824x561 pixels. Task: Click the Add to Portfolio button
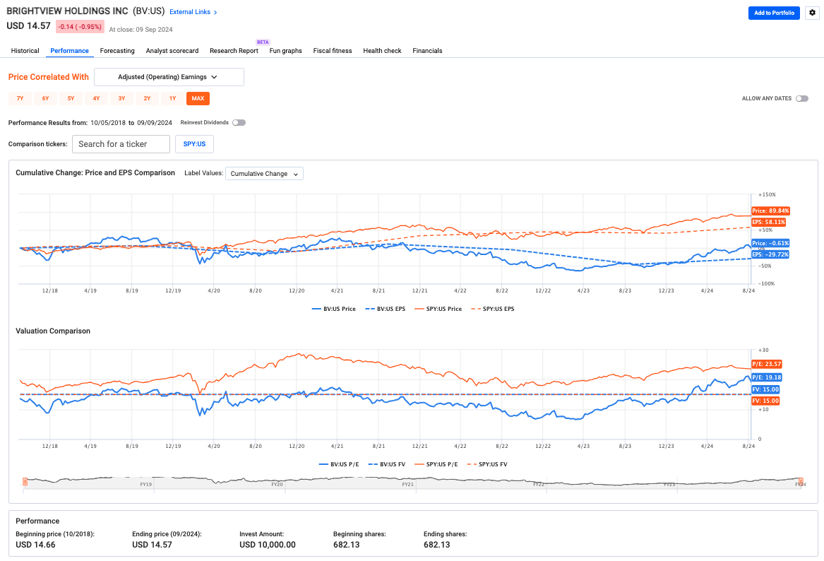click(774, 13)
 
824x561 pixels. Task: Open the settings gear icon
click(811, 13)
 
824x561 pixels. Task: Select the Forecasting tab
click(117, 51)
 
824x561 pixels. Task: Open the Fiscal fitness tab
click(333, 51)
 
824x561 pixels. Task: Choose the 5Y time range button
click(71, 98)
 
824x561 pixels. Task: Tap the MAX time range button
click(198, 98)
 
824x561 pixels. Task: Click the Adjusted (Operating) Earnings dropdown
click(169, 77)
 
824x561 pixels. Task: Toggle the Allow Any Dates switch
click(802, 99)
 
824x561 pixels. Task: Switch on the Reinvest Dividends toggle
click(239, 123)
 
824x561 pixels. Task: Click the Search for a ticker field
click(121, 144)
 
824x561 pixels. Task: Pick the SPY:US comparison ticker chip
click(194, 144)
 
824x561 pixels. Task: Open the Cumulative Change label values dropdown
click(264, 174)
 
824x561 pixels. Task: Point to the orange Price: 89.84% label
click(770, 211)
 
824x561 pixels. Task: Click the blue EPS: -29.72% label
click(770, 254)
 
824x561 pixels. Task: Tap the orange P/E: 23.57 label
click(766, 364)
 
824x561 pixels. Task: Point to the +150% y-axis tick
click(767, 194)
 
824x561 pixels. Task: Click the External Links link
click(193, 12)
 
